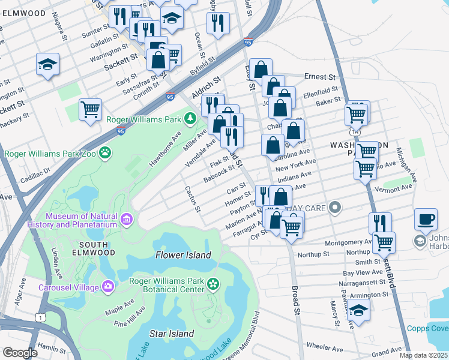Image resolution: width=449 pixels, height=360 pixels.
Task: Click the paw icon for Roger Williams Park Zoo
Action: click(x=106, y=153)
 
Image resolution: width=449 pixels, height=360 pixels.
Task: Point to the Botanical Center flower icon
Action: click(x=214, y=283)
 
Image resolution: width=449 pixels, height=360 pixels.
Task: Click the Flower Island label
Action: click(x=183, y=255)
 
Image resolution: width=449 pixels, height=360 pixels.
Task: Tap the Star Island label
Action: click(x=172, y=334)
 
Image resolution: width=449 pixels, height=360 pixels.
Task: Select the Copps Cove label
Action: click(x=427, y=328)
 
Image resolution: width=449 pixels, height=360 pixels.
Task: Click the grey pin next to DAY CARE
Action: click(x=335, y=208)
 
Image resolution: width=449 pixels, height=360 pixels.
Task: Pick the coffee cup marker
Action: click(x=426, y=220)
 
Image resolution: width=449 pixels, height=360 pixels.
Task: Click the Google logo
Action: click(x=20, y=353)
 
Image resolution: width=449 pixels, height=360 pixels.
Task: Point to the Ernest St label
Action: click(x=319, y=77)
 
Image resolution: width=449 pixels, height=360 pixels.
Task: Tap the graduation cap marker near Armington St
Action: click(x=358, y=311)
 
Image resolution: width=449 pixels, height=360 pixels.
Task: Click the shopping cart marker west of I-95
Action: click(x=90, y=110)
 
